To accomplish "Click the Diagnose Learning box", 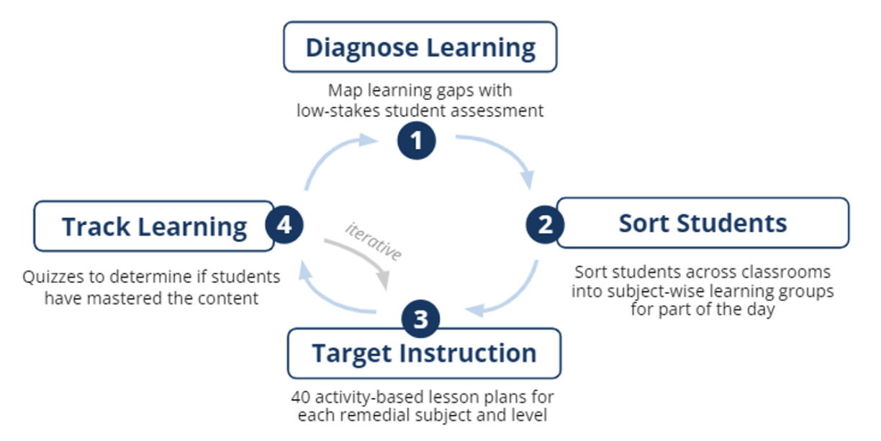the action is click(x=420, y=47).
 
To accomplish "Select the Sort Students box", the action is click(x=702, y=223).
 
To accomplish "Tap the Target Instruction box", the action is click(x=424, y=353).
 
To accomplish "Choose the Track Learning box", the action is click(x=154, y=226).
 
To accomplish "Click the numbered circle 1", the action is click(x=417, y=140).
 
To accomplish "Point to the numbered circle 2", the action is click(x=545, y=224).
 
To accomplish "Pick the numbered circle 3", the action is click(x=420, y=319).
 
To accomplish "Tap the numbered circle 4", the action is click(x=284, y=225).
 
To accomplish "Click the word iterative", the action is click(x=374, y=241).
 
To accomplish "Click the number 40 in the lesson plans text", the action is click(x=300, y=397).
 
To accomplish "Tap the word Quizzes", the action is click(x=53, y=277).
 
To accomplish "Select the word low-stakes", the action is click(x=338, y=111).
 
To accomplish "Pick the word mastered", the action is click(x=125, y=299).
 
